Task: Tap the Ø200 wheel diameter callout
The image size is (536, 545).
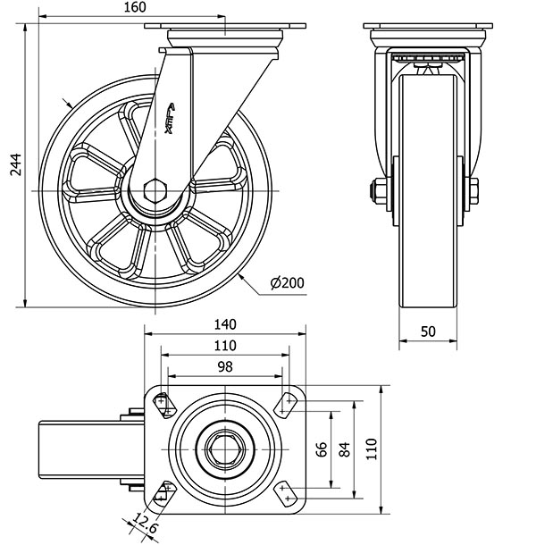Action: (287, 283)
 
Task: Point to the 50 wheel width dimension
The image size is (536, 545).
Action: (428, 331)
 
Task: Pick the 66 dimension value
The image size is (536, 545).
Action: (322, 449)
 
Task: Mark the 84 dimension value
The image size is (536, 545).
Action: (345, 449)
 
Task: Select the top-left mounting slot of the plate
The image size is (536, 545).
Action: (163, 404)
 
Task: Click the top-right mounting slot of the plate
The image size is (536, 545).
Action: (287, 404)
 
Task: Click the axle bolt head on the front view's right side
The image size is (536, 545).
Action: (473, 189)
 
